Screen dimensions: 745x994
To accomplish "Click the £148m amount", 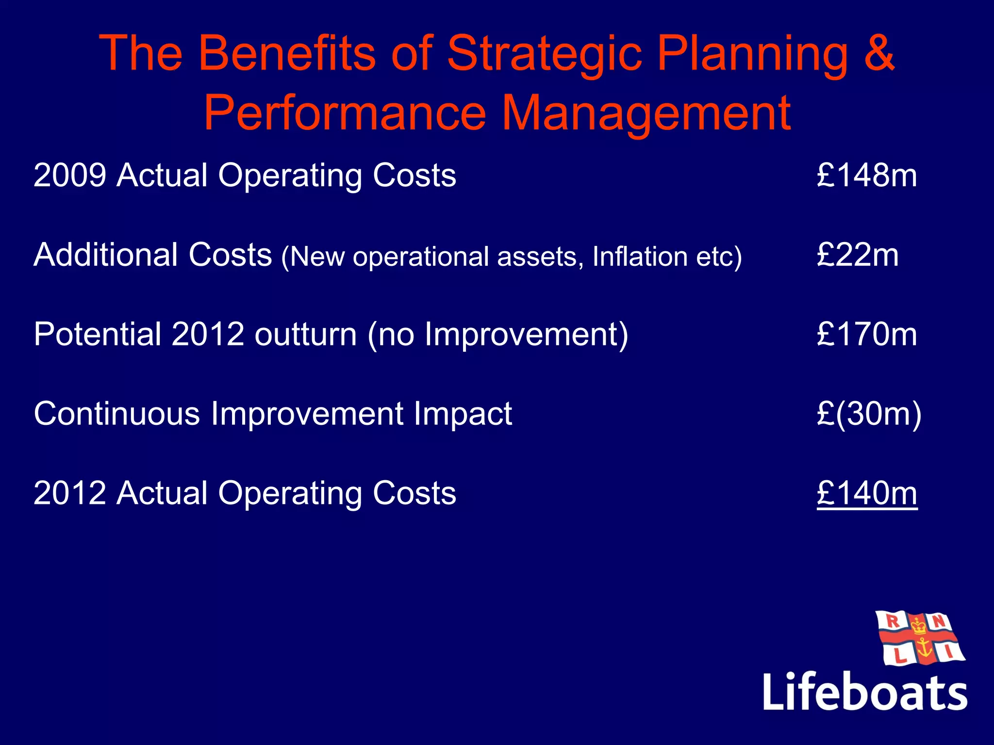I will pyautogui.click(x=867, y=175).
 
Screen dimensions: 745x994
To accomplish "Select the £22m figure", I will pyautogui.click(x=858, y=255).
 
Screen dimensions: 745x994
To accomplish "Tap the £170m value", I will pyautogui.click(x=867, y=334).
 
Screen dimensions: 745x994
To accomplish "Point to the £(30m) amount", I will pyautogui.click(x=869, y=414).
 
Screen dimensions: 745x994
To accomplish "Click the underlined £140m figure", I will pyautogui.click(x=867, y=493).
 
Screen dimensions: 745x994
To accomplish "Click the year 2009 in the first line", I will pyautogui.click(x=70, y=175).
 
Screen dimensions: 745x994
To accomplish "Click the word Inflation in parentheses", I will pyautogui.click(x=640, y=257).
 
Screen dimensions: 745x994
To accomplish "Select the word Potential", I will pyautogui.click(x=98, y=334).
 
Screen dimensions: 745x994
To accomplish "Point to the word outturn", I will pyautogui.click(x=306, y=334).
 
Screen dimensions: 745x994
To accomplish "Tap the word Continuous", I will pyautogui.click(x=117, y=414).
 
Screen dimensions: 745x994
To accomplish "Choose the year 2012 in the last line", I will pyautogui.click(x=70, y=493).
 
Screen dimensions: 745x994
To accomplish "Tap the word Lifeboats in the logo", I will pyautogui.click(x=865, y=692).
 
